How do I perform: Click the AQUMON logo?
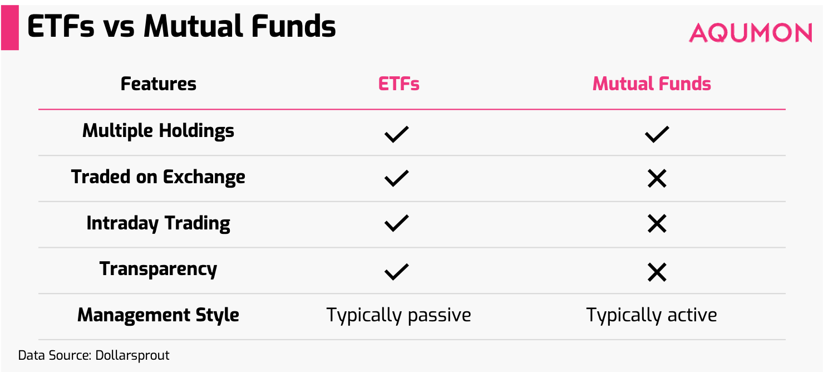[x=751, y=33]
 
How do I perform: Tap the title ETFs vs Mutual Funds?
[x=181, y=27]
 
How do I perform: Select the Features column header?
[x=159, y=84]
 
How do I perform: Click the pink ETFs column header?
[x=398, y=84]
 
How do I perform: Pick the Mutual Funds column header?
[x=652, y=84]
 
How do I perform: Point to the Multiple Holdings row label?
[x=159, y=131]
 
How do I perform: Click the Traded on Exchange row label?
[x=159, y=177]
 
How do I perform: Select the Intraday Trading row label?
[x=159, y=223]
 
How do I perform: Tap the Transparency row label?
[x=159, y=269]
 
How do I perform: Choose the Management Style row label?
[x=159, y=315]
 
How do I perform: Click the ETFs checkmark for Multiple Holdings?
[x=396, y=134]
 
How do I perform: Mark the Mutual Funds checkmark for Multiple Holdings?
[x=657, y=134]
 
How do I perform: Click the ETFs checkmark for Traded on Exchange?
[x=396, y=179]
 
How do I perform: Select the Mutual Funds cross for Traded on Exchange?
[x=657, y=179]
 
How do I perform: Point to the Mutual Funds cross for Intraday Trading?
[x=657, y=224]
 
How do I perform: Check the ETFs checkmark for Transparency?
[x=396, y=272]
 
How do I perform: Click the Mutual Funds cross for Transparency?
[x=657, y=272]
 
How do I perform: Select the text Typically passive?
[x=398, y=316]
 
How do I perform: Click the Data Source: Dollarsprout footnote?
[x=93, y=355]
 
